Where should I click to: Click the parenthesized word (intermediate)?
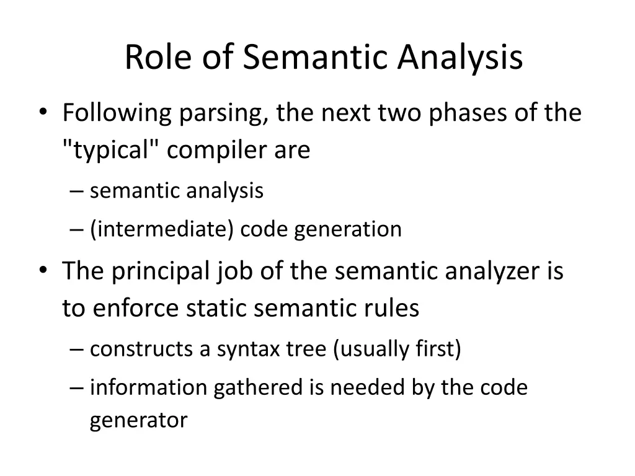pos(162,229)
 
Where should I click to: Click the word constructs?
pos(142,350)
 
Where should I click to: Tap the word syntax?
pos(249,350)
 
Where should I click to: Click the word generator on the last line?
pos(138,421)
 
